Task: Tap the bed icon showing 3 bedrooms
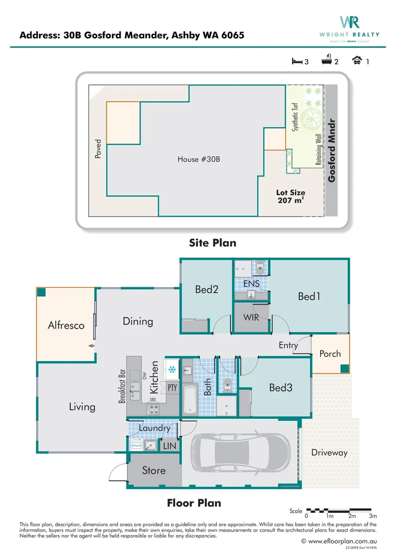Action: [x=297, y=61]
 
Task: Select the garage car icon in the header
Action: [x=357, y=61]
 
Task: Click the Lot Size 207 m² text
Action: [x=290, y=197]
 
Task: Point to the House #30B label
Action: [x=199, y=159]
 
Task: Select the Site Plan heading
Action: [x=213, y=242]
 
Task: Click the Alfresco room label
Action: [x=66, y=326]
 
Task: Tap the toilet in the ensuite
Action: [x=260, y=268]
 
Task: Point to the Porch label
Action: [x=330, y=354]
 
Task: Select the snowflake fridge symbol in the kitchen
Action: [x=171, y=370]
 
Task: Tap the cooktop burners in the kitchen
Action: [x=153, y=409]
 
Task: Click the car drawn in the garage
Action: [x=241, y=453]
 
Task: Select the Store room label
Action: [x=154, y=470]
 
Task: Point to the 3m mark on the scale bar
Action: [x=373, y=516]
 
